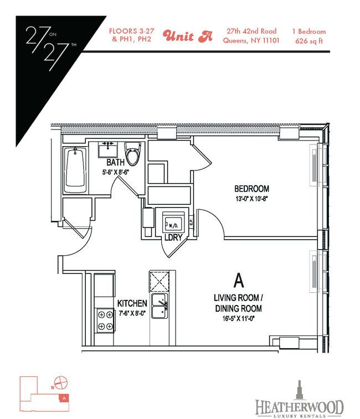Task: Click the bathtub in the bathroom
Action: point(75,170)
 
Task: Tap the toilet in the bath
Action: point(133,154)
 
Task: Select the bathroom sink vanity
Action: point(108,150)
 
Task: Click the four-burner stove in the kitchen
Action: point(105,320)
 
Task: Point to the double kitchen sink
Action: point(160,306)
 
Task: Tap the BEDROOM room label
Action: point(251,189)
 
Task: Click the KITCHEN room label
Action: point(132,303)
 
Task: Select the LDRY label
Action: point(173,237)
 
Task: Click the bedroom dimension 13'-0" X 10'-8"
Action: point(251,199)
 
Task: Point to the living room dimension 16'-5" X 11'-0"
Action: point(238,318)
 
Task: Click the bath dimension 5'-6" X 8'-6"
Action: point(116,172)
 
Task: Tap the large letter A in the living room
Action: point(239,281)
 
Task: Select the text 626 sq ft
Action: point(309,41)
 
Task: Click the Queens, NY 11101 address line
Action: point(251,40)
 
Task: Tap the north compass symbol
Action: point(61,382)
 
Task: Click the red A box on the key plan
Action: point(64,398)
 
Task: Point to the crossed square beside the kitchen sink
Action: point(159,281)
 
